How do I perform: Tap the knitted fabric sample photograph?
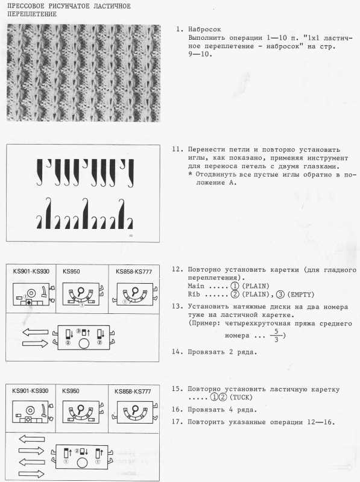point(83,73)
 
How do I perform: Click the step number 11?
point(177,149)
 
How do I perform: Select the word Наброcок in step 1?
point(204,30)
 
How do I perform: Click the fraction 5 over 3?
point(276,336)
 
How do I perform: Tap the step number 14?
point(177,352)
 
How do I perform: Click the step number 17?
point(177,422)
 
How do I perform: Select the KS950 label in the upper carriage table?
point(71,272)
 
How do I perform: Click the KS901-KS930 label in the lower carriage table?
point(30,391)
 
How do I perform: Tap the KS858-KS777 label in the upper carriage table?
point(134,272)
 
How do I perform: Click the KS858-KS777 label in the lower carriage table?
point(133,391)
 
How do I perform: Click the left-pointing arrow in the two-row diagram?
point(36,332)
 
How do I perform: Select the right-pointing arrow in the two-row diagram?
point(36,343)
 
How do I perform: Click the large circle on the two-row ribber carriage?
point(84,343)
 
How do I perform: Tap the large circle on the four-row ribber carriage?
point(82,463)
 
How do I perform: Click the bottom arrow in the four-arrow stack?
point(31,474)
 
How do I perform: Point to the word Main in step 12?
point(196,286)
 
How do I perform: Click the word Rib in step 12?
point(194,294)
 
